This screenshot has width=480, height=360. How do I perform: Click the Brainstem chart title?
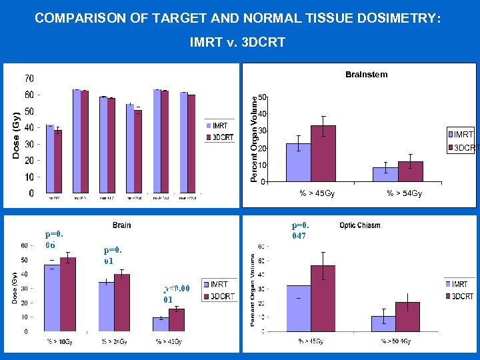366,75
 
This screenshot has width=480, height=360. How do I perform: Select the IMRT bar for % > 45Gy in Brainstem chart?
298,163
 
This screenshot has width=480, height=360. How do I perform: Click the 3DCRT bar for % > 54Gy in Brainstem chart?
411,171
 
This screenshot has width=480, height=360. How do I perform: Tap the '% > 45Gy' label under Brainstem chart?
317,193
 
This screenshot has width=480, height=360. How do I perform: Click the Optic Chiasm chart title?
359,225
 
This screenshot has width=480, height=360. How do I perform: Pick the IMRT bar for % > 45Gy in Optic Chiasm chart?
299,308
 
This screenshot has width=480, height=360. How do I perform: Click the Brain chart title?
121,225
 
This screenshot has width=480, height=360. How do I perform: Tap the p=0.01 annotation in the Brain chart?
113,255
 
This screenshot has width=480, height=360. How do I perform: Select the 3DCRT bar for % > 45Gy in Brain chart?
177,320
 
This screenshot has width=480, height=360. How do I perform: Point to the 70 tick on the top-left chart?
29,79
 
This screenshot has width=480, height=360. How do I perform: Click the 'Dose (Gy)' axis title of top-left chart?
16,135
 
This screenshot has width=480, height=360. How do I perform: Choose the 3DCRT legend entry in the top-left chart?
219,137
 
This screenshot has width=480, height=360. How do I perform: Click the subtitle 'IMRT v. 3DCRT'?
237,43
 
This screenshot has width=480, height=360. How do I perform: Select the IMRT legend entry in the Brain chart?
218,285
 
